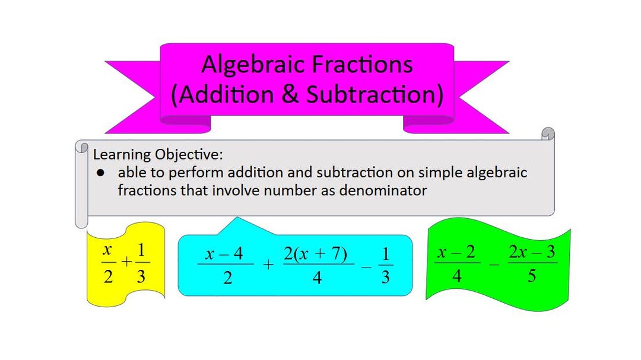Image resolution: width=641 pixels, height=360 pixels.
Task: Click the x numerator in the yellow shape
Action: pyautogui.click(x=108, y=251)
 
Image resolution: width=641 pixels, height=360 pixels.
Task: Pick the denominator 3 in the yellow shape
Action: pyautogui.click(x=141, y=276)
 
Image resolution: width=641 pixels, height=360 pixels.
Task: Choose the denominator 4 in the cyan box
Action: pyautogui.click(x=317, y=277)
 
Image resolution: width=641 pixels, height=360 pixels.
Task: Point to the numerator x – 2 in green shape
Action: pyautogui.click(x=456, y=253)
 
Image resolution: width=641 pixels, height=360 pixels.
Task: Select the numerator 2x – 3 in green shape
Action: pyautogui.click(x=532, y=253)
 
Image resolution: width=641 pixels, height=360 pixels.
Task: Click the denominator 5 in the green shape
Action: pyautogui.click(x=531, y=276)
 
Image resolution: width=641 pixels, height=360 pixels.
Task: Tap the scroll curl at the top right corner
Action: pyautogui.click(x=548, y=134)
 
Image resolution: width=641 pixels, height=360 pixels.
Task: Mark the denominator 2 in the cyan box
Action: pyautogui.click(x=227, y=277)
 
